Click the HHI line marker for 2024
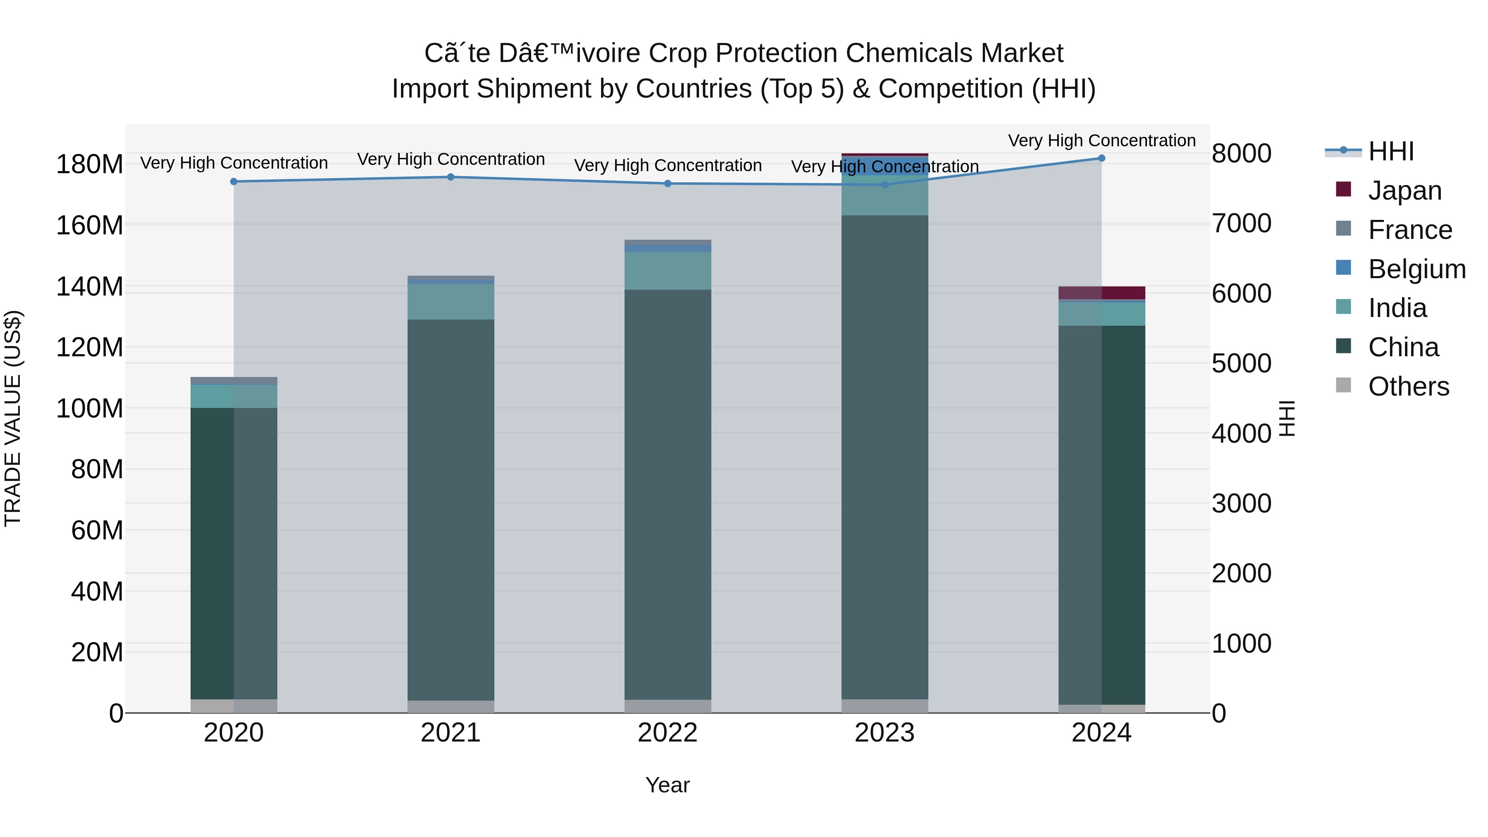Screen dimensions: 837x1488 point(1101,158)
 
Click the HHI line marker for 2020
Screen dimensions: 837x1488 point(234,181)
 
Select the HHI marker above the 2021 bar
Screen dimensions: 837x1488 point(451,177)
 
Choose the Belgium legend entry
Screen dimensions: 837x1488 point(1416,269)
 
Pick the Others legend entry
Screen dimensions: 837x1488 point(1408,386)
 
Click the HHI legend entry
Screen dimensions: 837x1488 point(1390,151)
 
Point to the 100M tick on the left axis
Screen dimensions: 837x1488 point(90,408)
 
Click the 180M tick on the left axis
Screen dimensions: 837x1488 point(90,165)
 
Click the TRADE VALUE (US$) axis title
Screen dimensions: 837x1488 point(13,418)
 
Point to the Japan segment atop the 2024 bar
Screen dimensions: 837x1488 point(1101,293)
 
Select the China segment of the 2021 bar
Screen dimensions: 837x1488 point(451,508)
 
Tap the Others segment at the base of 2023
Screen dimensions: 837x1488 point(885,706)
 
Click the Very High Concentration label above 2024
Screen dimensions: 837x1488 point(1101,141)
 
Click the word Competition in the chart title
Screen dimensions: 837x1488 point(950,89)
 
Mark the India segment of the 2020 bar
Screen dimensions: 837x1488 point(234,396)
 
